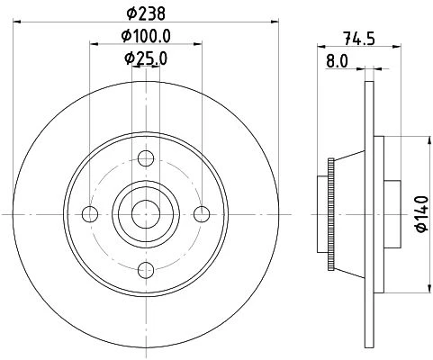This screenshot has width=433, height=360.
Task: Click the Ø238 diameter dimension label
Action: pyautogui.click(x=146, y=13)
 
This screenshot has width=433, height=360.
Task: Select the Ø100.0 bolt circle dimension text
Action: pyautogui.click(x=146, y=36)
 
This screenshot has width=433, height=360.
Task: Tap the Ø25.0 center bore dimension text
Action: pyautogui.click(x=146, y=58)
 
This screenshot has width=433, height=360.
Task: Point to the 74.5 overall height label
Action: pyautogui.click(x=359, y=38)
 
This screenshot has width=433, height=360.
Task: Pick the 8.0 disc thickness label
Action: pyautogui.click(x=337, y=61)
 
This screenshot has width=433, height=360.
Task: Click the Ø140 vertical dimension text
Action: pyautogui.click(x=422, y=214)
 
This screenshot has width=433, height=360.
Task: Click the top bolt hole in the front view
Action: pyautogui.click(x=146, y=158)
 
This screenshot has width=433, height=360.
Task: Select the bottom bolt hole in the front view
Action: pyautogui.click(x=146, y=270)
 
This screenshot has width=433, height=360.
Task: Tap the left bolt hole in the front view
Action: pyautogui.click(x=90, y=214)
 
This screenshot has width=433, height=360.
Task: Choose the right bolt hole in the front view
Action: pyautogui.click(x=202, y=214)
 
